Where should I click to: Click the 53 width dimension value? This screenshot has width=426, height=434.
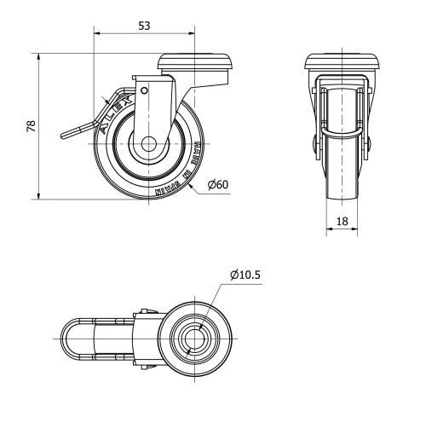point(144,26)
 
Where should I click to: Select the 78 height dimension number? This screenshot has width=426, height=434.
point(31,125)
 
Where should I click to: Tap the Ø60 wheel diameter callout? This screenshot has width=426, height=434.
point(217,183)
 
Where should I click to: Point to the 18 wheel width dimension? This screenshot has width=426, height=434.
point(341,220)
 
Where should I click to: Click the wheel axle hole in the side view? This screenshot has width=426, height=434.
point(150,144)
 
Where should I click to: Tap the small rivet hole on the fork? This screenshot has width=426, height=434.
point(144,90)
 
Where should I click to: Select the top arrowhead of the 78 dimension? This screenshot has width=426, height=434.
point(40,55)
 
